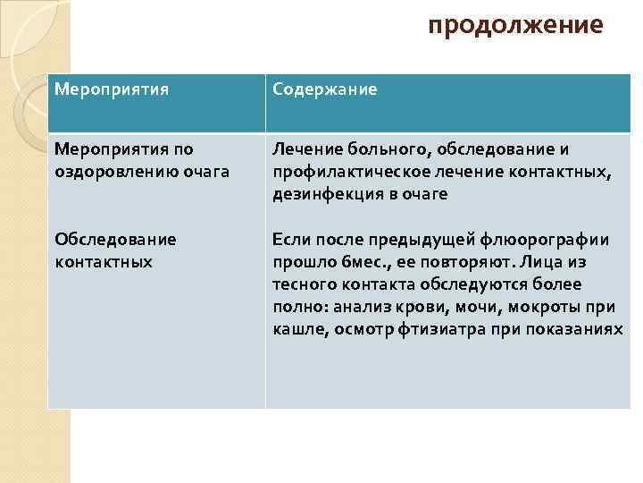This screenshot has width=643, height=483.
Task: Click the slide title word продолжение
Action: tap(515, 25)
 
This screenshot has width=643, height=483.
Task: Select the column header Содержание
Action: tap(325, 89)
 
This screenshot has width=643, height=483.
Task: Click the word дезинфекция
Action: tap(321, 193)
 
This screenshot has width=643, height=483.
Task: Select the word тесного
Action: tap(305, 285)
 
